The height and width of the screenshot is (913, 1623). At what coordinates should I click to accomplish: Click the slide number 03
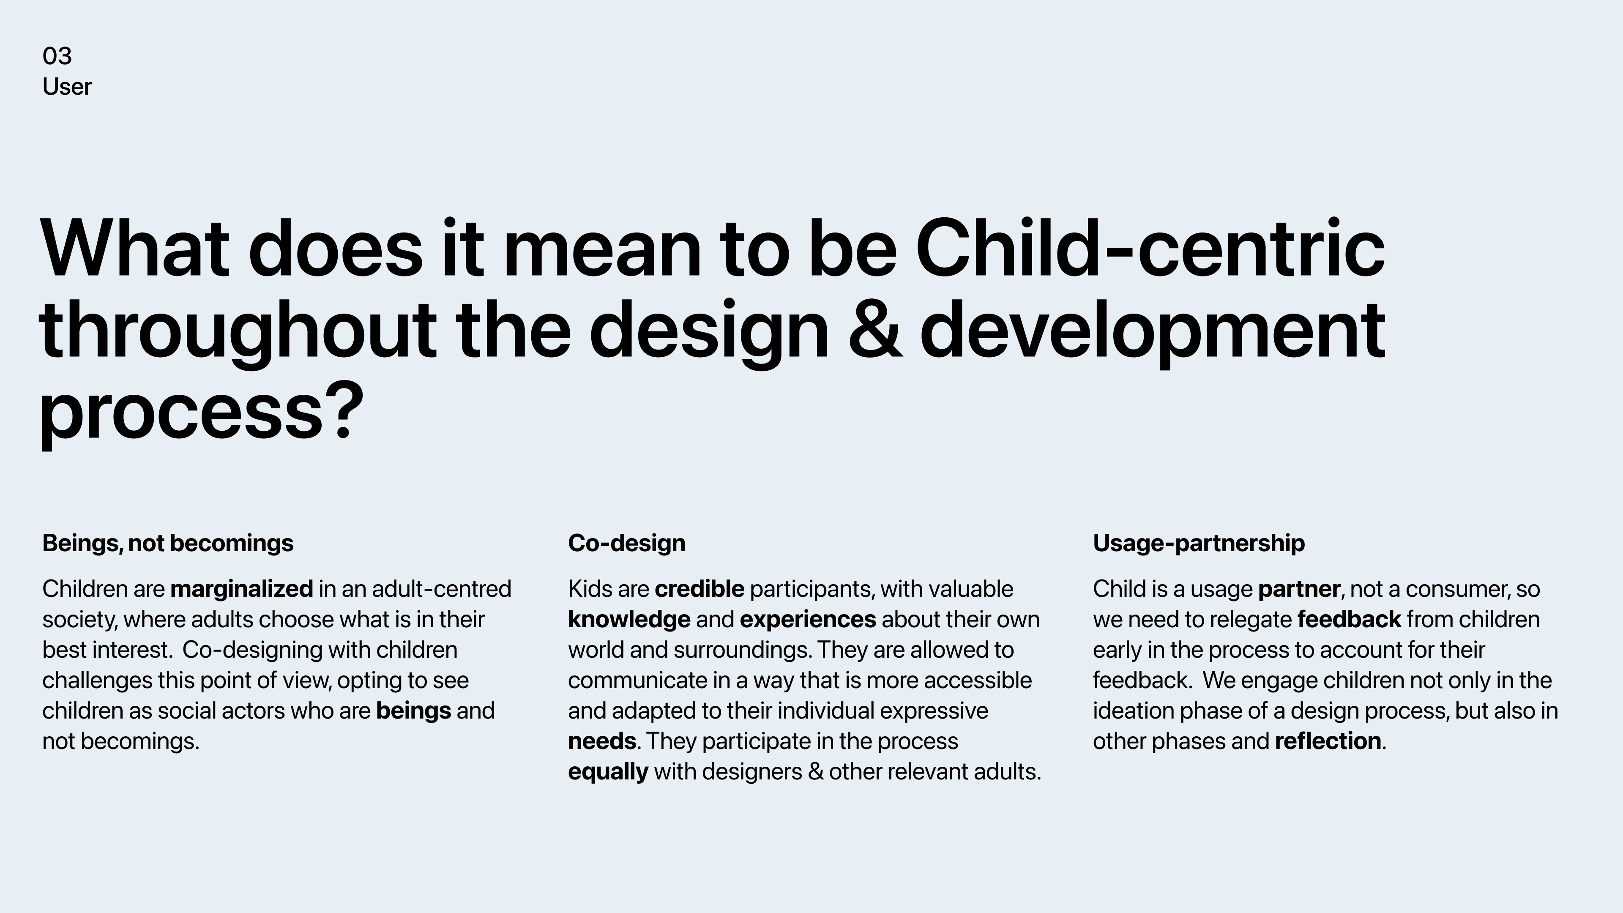(x=57, y=56)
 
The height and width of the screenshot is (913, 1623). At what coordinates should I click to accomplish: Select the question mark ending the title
(x=346, y=410)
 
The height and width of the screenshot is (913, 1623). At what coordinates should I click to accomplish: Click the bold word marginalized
(x=241, y=590)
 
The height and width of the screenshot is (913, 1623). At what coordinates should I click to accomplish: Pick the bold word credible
(x=699, y=589)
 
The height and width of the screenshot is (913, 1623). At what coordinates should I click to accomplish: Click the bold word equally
(x=608, y=772)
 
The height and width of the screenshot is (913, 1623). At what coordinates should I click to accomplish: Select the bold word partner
(x=1298, y=590)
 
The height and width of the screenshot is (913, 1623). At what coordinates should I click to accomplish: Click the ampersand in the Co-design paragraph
(x=815, y=772)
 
